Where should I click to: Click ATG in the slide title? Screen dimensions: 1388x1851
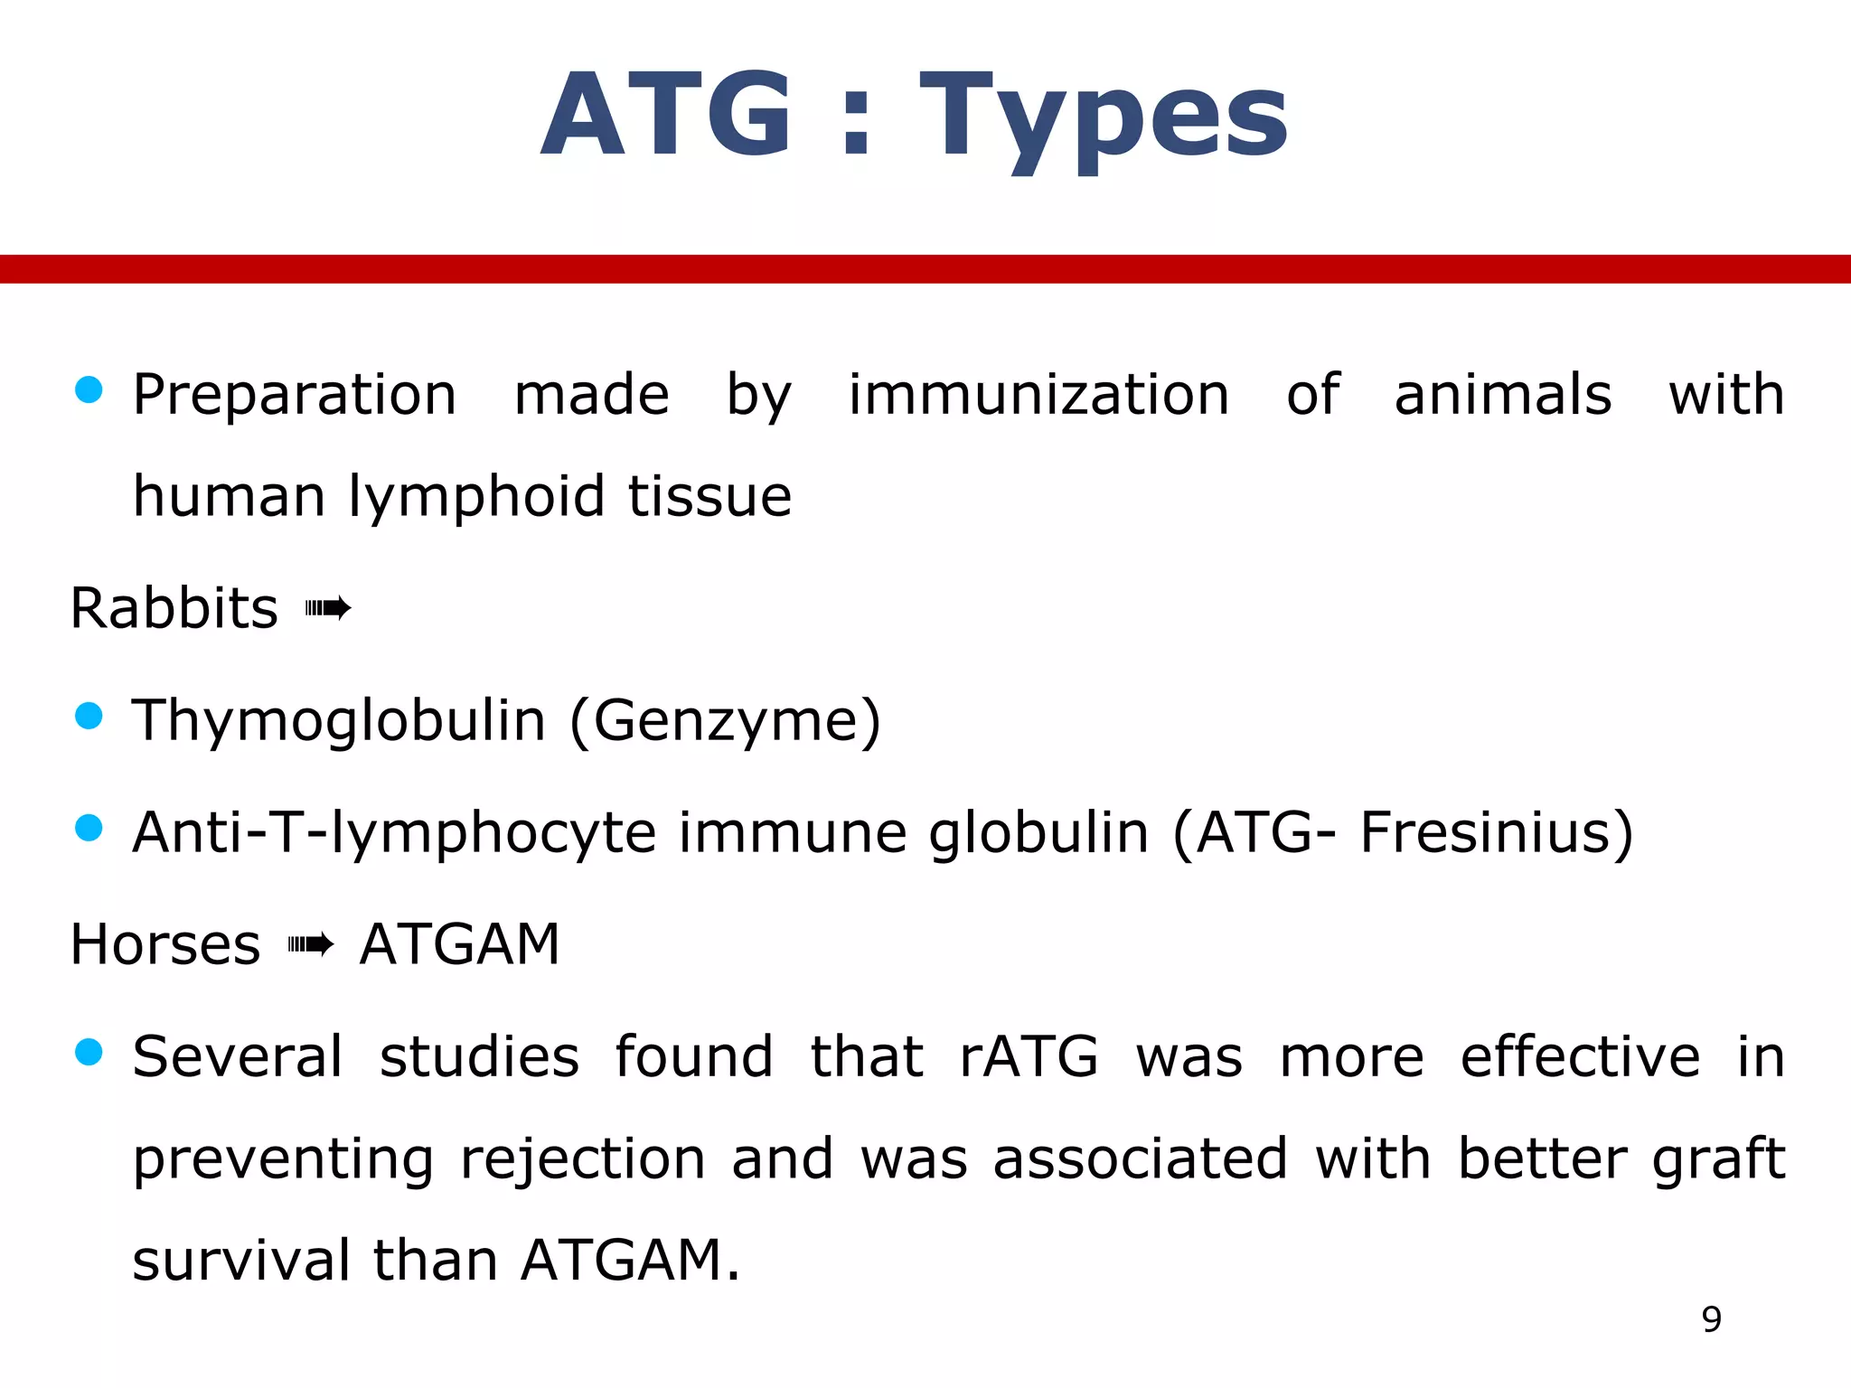point(667,116)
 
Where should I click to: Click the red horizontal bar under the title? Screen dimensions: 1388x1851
point(925,268)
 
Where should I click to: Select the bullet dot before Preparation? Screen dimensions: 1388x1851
point(89,390)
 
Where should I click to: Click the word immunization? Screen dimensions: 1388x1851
point(1038,395)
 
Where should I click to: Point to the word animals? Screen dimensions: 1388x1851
point(1502,395)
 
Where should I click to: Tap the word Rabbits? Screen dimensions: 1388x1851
point(174,608)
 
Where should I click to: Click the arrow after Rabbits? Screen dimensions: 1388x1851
point(327,609)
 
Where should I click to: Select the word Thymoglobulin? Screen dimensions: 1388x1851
point(339,721)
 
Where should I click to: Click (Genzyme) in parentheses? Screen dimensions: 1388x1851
point(725,721)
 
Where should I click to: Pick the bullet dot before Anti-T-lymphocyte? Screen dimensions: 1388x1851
point(89,827)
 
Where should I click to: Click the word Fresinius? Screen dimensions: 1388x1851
point(1487,832)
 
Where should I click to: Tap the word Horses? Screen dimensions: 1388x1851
point(165,945)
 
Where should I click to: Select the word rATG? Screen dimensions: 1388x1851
point(1029,1056)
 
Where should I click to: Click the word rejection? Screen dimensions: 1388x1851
point(582,1159)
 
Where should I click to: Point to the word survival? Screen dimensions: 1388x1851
point(240,1261)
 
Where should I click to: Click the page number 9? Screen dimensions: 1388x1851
point(1711,1320)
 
